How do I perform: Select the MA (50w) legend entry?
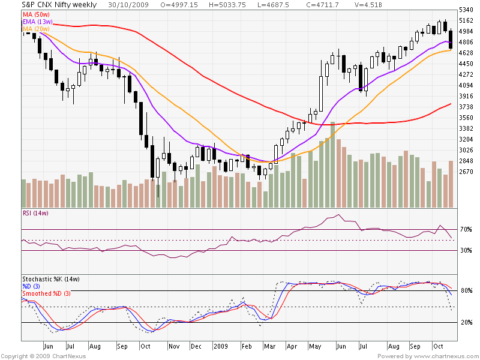pos(37,13)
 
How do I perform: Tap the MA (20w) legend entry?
pos(37,28)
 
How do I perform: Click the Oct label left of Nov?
pos(145,346)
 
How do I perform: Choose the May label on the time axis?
pos(314,346)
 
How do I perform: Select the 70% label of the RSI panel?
pos(466,229)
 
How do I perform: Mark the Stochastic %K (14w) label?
pos(51,279)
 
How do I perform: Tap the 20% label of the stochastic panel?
pos(466,322)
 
